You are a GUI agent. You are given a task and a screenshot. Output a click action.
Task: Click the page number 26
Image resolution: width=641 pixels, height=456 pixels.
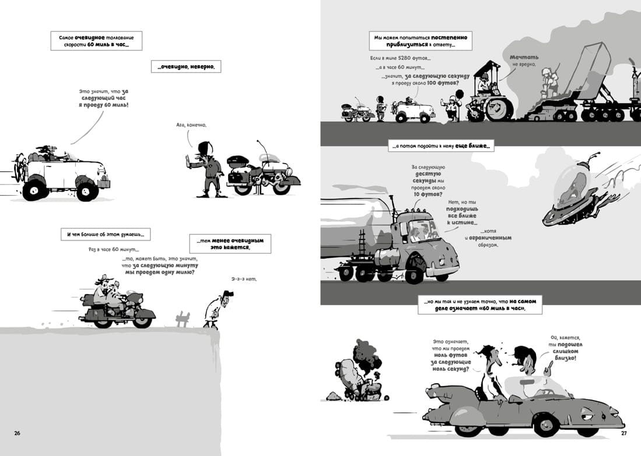pyautogui.click(x=17, y=433)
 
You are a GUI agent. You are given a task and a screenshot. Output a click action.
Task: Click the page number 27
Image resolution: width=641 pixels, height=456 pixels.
pyautogui.click(x=624, y=433)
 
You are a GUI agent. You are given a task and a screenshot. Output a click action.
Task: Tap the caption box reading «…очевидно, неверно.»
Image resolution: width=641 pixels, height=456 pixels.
pyautogui.click(x=186, y=66)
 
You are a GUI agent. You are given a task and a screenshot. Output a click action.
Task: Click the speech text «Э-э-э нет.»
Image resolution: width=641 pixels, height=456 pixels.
pyautogui.click(x=244, y=279)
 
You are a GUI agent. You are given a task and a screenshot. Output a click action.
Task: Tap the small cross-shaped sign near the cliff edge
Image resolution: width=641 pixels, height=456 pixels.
pyautogui.click(x=183, y=318)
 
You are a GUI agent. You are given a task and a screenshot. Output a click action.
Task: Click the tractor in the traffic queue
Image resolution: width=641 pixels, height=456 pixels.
pyautogui.click(x=489, y=93)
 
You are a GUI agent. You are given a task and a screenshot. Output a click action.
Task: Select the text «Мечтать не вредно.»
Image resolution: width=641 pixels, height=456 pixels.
pyautogui.click(x=524, y=61)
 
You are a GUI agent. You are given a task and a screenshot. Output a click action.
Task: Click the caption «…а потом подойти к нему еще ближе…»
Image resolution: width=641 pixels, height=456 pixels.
pyautogui.click(x=441, y=146)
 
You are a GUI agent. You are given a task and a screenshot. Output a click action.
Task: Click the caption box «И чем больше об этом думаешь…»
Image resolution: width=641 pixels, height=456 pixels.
pyautogui.click(x=106, y=234)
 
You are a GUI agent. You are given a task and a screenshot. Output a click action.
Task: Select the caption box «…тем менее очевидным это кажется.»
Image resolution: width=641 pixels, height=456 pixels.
pyautogui.click(x=230, y=243)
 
